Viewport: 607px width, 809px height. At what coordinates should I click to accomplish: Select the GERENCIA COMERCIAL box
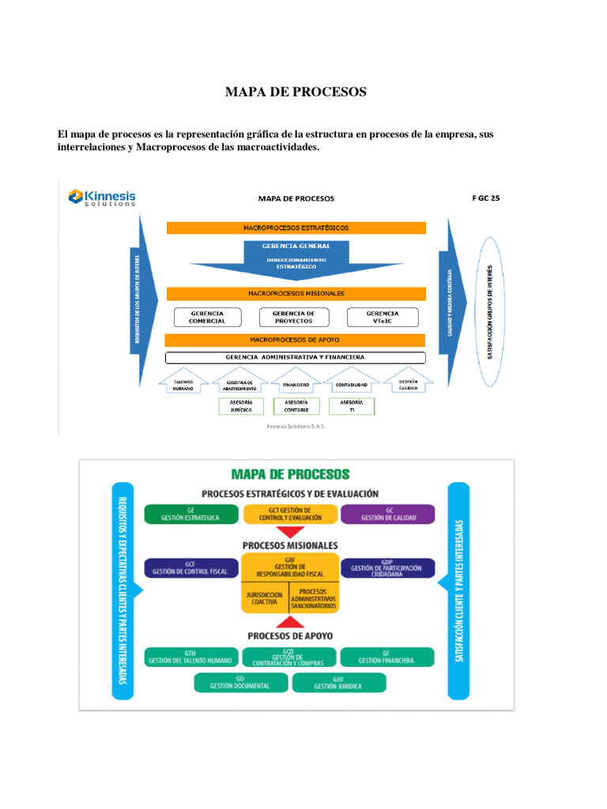(207, 317)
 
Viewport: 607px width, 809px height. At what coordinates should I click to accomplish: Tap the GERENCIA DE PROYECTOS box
(295, 317)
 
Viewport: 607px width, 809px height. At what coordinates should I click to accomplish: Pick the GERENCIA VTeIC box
(383, 317)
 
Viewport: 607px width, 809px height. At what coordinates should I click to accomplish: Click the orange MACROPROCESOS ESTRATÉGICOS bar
(296, 228)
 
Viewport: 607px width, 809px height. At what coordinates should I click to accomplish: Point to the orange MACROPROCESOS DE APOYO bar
(296, 340)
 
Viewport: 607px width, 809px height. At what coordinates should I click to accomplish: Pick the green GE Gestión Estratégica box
(190, 514)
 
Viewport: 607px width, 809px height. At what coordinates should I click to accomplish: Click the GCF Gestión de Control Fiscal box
(190, 568)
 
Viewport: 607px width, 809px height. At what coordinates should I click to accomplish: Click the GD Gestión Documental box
(240, 683)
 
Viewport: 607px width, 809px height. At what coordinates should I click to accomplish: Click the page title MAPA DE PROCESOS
(296, 92)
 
